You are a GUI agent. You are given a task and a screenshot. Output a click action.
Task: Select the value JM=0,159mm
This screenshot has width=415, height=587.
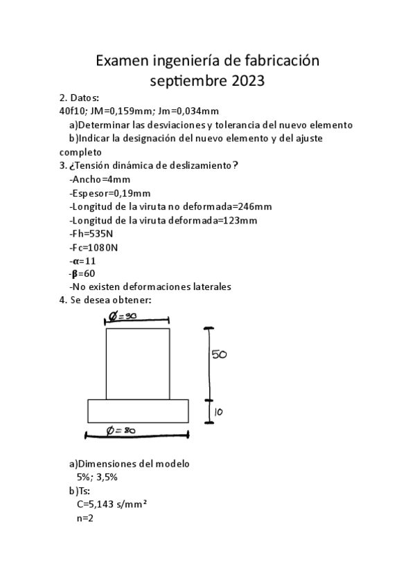point(121,111)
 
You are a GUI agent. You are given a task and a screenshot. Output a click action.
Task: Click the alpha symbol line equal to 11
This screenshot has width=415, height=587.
point(82,260)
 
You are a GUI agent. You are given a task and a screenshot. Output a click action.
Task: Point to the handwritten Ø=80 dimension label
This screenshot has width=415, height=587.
point(121,431)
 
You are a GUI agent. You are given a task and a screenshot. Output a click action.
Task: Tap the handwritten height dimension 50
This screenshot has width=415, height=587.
point(219,354)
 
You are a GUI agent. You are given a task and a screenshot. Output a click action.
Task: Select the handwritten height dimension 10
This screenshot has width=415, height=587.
point(218,412)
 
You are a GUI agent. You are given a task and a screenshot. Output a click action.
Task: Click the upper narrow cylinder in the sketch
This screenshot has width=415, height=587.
point(137,363)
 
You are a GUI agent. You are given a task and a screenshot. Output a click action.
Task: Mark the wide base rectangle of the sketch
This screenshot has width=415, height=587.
point(138,410)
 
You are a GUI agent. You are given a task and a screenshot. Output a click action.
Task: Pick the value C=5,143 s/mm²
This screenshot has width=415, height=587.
point(112,504)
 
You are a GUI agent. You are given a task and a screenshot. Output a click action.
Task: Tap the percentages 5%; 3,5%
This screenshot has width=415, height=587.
point(97,477)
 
